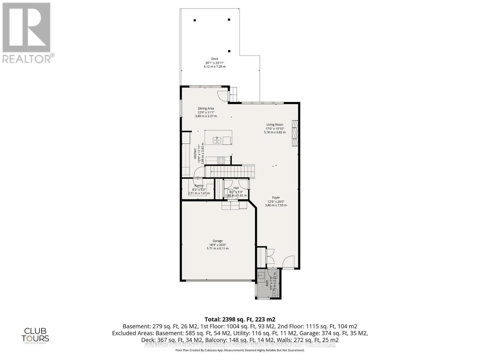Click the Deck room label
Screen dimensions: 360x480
[214, 59]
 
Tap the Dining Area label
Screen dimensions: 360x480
[206, 109]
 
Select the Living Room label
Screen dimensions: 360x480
[274, 124]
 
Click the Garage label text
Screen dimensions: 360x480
[217, 241]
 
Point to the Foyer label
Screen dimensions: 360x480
[276, 198]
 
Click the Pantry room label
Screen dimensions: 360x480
[199, 186]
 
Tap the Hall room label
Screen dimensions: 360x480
[236, 188]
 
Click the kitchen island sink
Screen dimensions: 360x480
[217, 140]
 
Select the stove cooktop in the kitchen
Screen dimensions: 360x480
[221, 160]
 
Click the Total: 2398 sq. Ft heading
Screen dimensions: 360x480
[240, 319]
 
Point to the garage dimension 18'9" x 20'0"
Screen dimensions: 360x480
[217, 245]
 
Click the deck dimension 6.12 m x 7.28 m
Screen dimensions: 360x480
[214, 67]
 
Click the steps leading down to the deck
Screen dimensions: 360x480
[233, 94]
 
